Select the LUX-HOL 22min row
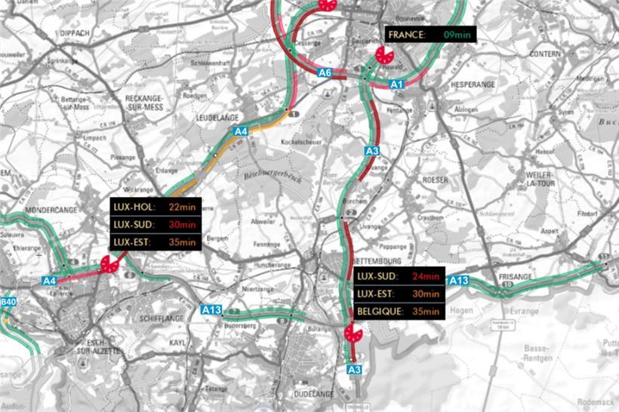click(x=153, y=207)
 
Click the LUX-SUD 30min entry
click(x=153, y=224)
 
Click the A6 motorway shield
click(x=325, y=73)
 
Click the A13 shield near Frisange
click(x=459, y=281)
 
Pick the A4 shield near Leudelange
click(x=240, y=132)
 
